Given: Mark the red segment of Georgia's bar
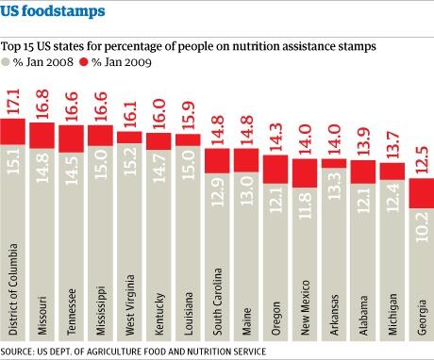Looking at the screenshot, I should point(420,192).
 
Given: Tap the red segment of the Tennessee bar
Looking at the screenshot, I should point(71,138).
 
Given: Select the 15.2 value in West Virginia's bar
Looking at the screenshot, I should point(129,164).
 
